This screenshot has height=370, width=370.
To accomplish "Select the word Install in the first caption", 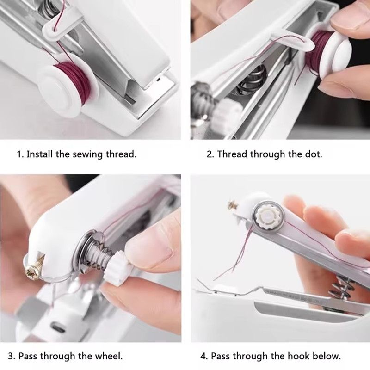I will click(x=40, y=154).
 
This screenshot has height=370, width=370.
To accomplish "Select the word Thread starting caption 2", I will click(x=232, y=154).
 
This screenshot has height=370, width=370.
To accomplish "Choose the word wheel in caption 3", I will click(x=109, y=356).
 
